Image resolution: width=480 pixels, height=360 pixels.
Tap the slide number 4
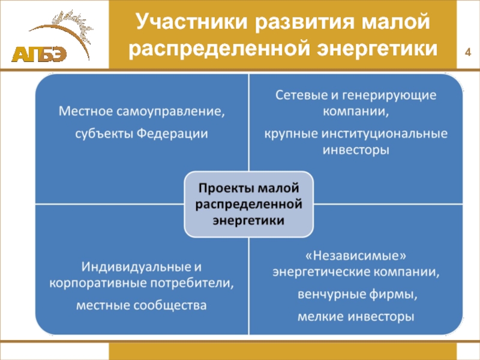coord(467,55)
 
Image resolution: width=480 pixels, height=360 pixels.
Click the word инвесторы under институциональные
coord(356,150)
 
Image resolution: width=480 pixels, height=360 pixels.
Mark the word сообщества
coord(173,305)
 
